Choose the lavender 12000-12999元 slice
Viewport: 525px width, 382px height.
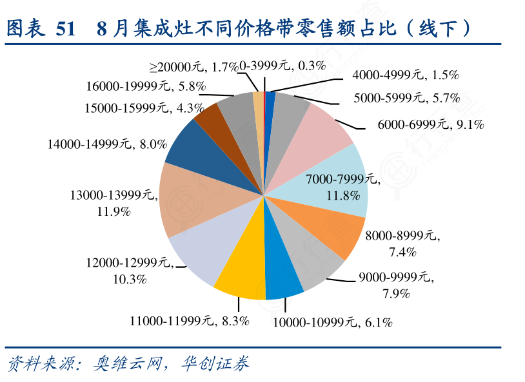click(200, 251)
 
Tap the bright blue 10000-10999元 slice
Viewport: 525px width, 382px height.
click(282, 277)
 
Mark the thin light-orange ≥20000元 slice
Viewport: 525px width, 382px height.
click(259, 103)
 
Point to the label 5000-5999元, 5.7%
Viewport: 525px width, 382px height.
click(406, 98)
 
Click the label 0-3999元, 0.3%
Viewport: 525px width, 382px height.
click(283, 66)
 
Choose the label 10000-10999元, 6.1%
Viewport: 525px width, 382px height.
click(332, 321)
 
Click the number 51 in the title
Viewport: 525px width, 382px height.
click(66, 28)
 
